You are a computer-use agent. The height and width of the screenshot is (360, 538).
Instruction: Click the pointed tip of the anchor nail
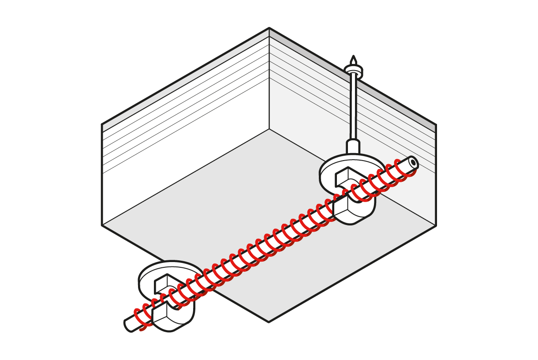(x=353, y=57)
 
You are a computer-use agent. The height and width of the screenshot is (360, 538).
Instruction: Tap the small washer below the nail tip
(x=353, y=70)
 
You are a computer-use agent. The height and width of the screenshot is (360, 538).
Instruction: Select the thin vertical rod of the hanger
(x=353, y=106)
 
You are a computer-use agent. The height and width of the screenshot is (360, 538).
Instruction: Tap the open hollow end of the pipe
(x=413, y=162)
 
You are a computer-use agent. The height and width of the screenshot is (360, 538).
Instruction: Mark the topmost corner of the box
(x=269, y=28)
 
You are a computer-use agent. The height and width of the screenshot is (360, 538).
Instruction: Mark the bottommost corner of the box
(x=269, y=322)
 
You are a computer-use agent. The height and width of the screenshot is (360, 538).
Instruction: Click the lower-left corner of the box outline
(x=102, y=225)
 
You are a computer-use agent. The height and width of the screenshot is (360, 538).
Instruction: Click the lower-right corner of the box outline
(x=436, y=225)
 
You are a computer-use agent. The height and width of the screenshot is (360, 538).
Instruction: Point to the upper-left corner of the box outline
(x=102, y=124)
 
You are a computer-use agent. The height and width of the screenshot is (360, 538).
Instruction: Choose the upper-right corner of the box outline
(x=436, y=124)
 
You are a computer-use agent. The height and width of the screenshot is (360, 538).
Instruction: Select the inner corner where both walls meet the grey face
(x=269, y=129)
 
